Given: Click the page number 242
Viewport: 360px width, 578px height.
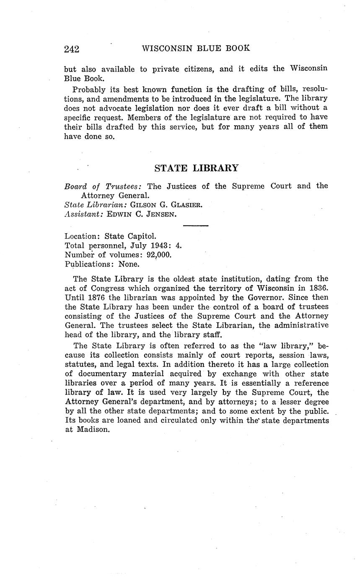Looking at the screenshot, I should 72,49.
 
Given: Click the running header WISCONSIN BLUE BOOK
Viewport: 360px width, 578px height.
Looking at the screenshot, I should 196,48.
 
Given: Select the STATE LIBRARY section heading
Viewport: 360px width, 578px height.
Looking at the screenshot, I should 196,168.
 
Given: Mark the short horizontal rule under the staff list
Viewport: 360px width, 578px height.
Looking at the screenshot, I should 196,226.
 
